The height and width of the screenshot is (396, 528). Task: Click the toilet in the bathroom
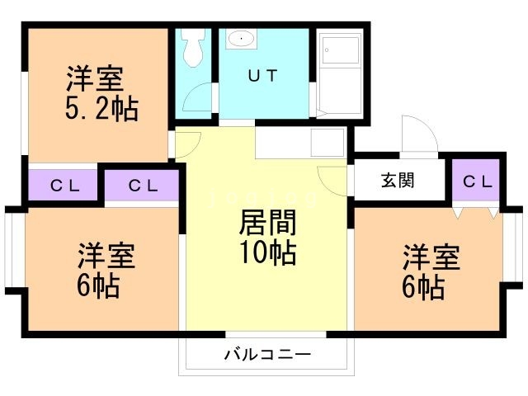pos(194,49)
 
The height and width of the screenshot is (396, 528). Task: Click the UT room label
pos(264,74)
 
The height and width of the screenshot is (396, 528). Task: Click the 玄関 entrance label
pos(398,181)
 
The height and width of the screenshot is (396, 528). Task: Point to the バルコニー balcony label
pos(266,356)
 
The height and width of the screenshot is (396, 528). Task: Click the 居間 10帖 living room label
pos(267,238)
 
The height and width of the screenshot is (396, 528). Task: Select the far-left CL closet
pos(64,186)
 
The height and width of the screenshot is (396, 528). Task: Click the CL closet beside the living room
pos(141,186)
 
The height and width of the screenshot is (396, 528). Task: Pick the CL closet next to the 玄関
pos(477,181)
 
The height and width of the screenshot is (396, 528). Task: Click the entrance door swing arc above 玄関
pos(417,134)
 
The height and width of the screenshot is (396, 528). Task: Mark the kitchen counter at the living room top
pos(299,143)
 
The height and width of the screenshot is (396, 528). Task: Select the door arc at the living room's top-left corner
pos(186,140)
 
